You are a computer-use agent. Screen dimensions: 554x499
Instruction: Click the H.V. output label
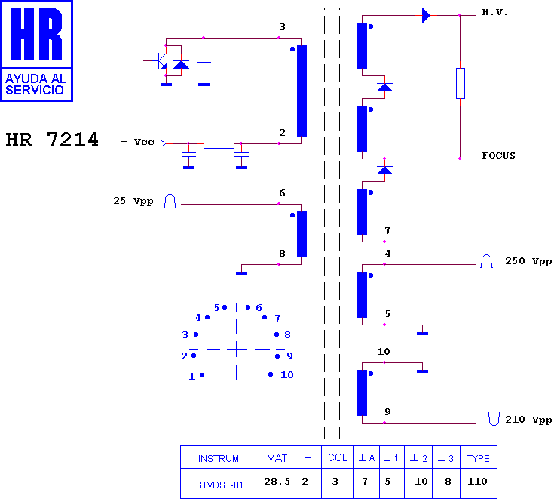[x=494, y=13]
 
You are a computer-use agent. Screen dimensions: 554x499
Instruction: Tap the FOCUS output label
[x=498, y=156]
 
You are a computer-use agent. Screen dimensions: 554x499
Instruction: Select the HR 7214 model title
[x=52, y=140]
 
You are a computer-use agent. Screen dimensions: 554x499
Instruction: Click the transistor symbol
[x=160, y=61]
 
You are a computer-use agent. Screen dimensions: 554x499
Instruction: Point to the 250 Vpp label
[x=528, y=261]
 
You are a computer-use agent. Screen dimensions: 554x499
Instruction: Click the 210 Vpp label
[x=528, y=420]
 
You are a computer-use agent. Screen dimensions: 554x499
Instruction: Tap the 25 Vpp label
[x=133, y=201]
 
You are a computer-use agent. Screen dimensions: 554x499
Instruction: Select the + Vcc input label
[x=138, y=142]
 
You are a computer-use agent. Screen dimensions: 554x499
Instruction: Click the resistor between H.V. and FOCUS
[x=460, y=83]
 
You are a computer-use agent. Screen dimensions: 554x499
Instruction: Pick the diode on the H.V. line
[x=426, y=16]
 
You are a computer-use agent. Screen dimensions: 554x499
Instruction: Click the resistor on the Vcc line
[x=219, y=144]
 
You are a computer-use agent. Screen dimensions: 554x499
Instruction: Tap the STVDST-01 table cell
[x=219, y=485]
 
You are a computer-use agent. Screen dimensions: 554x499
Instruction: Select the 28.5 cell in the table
[x=277, y=482]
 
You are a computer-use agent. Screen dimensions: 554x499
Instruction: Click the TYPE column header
[x=479, y=459]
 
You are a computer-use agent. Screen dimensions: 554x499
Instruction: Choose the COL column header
[x=338, y=458]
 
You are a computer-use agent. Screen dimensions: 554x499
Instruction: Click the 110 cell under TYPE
[x=477, y=482]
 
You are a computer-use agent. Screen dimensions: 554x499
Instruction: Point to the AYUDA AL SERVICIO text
[x=35, y=85]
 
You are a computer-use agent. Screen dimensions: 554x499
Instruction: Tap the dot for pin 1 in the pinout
[x=202, y=375]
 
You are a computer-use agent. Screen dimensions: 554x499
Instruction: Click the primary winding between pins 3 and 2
[x=301, y=91]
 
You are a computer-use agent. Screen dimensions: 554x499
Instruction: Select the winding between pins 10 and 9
[x=362, y=393]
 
